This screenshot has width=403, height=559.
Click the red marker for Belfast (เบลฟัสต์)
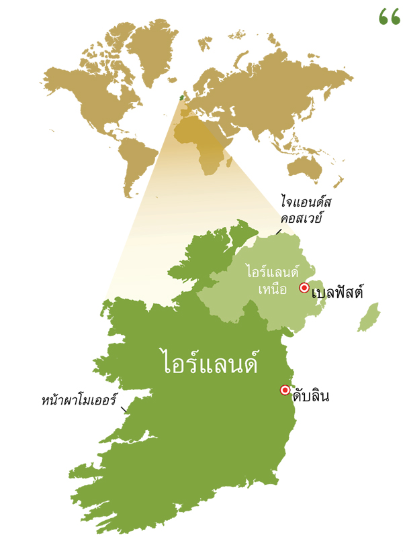click(304, 288)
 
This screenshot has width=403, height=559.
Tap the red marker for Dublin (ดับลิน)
click(285, 390)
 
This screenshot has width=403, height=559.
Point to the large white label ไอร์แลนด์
click(210, 362)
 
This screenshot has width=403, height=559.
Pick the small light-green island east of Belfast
click(369, 317)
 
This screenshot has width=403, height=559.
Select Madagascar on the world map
click(231, 162)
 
